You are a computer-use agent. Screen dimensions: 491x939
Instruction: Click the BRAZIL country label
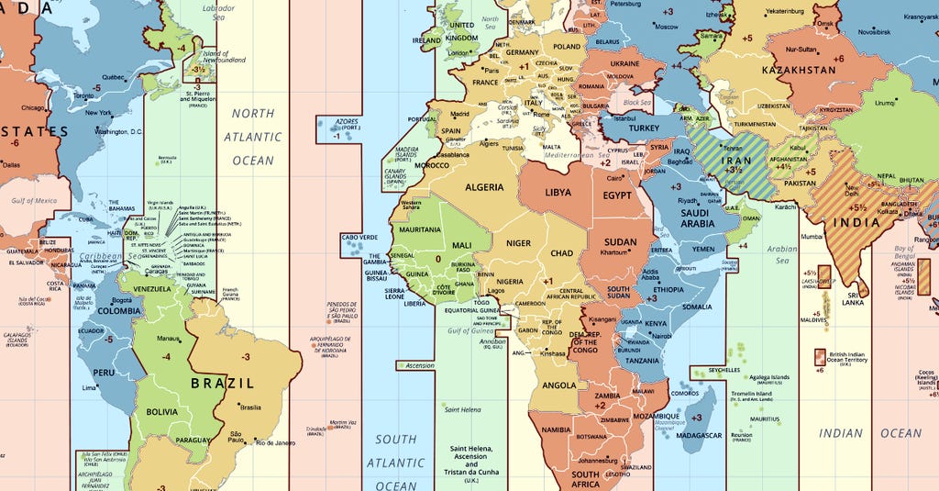tap(223, 383)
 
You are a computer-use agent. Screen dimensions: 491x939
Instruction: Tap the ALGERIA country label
tap(484, 187)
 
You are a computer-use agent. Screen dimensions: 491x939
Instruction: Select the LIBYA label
tap(558, 193)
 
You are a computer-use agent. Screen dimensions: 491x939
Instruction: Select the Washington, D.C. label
tap(118, 132)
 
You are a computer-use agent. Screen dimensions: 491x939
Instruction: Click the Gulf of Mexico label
tap(35, 201)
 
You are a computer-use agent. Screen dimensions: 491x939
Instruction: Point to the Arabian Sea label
tap(782, 254)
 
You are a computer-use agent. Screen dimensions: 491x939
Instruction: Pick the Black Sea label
tap(636, 103)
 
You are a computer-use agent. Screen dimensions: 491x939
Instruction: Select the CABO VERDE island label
tap(359, 237)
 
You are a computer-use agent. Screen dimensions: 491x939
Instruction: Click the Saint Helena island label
tap(463, 409)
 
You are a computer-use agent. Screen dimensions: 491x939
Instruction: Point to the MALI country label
tap(463, 245)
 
